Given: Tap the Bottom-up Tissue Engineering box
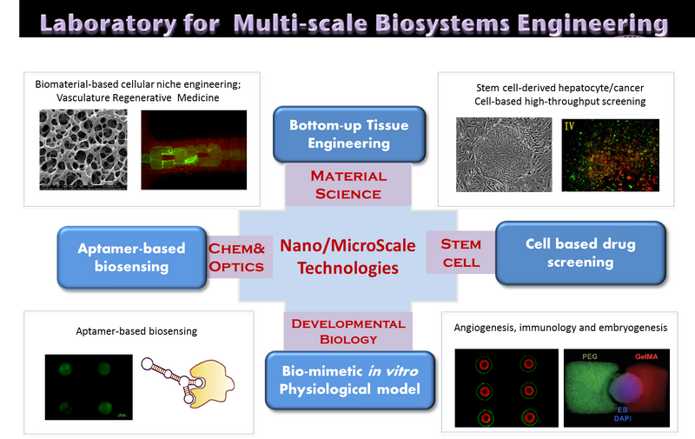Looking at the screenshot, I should pyautogui.click(x=348, y=134).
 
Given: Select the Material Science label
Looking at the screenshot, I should pyautogui.click(x=347, y=184).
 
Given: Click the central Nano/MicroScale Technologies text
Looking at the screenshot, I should pyautogui.click(x=347, y=256).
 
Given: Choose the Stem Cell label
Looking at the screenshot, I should pyautogui.click(x=460, y=253).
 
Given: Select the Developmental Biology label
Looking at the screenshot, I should pyautogui.click(x=347, y=330).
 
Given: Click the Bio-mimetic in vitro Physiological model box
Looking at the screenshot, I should pyautogui.click(x=348, y=379).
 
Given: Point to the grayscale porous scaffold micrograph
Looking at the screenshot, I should pyautogui.click(x=83, y=150).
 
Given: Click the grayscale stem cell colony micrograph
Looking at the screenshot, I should pyautogui.click(x=504, y=155).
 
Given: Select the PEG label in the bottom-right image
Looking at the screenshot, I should pyautogui.click(x=590, y=356).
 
